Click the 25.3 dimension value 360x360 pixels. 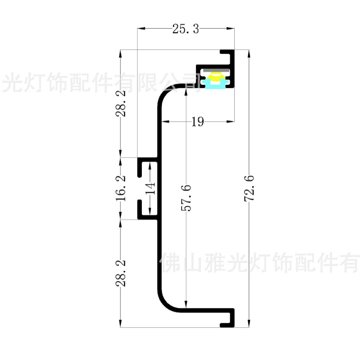pyautogui.click(x=185, y=29)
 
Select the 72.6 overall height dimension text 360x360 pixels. pyautogui.click(x=250, y=188)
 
